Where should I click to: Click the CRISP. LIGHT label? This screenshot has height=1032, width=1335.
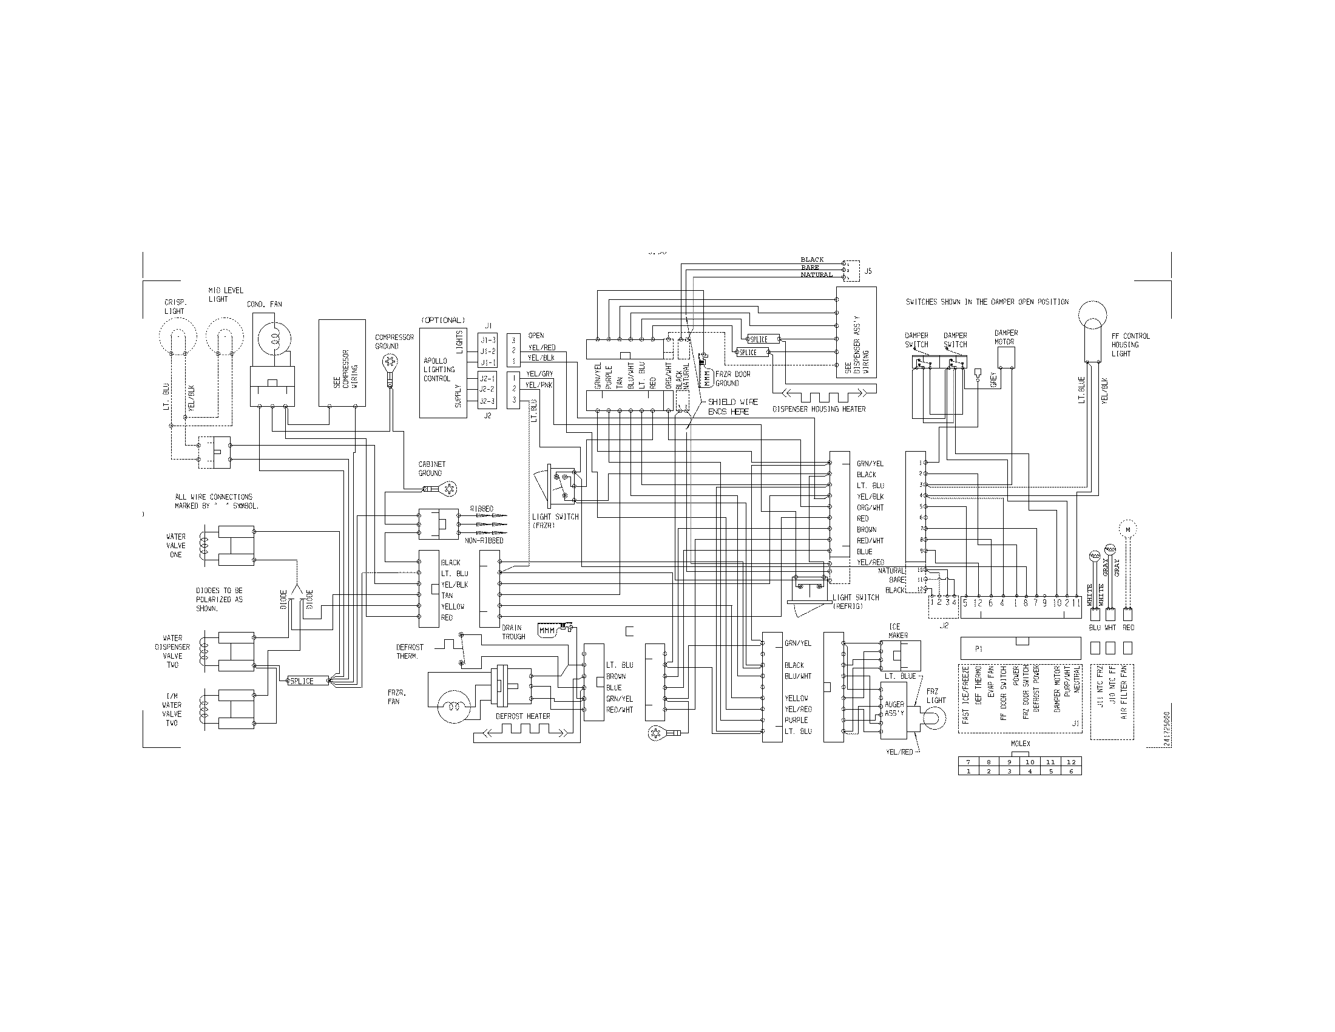tap(174, 307)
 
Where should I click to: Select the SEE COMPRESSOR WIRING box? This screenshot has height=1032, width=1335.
tap(342, 362)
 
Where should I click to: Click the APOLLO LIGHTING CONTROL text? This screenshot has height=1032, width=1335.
tap(439, 370)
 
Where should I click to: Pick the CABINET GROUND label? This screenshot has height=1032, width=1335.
tap(431, 468)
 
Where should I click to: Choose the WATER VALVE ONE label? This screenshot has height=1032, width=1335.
tap(175, 545)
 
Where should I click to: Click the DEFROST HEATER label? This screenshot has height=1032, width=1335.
tap(522, 716)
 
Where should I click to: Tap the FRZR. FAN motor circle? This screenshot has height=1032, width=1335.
tap(453, 706)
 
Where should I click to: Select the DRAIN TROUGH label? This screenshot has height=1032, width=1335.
tap(513, 632)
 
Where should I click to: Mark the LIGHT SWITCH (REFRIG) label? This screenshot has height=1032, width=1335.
tap(855, 602)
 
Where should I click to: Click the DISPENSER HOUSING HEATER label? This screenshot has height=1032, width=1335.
tap(819, 409)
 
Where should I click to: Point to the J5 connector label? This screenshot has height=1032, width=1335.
tap(868, 270)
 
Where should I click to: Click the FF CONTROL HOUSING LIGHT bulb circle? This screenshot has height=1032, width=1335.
tap(1092, 316)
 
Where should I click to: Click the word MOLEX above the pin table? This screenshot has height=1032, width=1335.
tap(1020, 744)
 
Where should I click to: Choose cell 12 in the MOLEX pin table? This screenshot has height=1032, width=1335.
tap(1070, 762)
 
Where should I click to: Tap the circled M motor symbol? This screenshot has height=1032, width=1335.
tap(1128, 529)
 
